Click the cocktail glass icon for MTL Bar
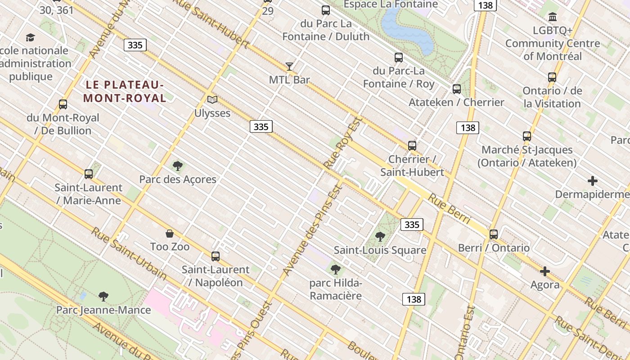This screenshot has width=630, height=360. [x=289, y=67]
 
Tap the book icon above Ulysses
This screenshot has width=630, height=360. [x=212, y=100]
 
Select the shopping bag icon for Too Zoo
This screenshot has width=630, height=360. [x=170, y=233]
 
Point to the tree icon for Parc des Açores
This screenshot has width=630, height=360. [x=178, y=166]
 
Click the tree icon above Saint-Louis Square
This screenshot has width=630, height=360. [x=380, y=236]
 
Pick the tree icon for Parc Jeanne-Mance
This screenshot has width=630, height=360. [x=103, y=296]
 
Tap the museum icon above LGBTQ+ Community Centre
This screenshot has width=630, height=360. [x=553, y=17]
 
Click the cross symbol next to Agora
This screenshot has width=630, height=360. [x=545, y=271]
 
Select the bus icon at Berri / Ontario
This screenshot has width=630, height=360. [x=494, y=234]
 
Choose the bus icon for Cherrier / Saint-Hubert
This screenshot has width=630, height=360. [x=412, y=145]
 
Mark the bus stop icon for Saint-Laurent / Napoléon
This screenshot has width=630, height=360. [x=216, y=256]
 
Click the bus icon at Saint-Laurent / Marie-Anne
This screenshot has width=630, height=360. [x=89, y=174]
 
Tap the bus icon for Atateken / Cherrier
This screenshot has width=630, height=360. [x=457, y=89]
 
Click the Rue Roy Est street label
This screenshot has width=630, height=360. [x=343, y=143]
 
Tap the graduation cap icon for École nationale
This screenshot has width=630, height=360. [x=30, y=37]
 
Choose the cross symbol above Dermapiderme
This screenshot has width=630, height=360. [x=593, y=181]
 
